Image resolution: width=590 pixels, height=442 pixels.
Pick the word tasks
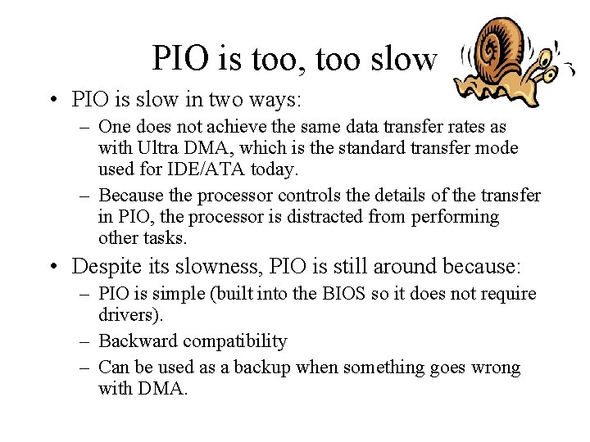tap(166, 238)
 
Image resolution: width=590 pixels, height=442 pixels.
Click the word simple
tap(178, 293)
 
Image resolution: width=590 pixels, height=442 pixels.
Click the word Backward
tap(136, 341)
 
